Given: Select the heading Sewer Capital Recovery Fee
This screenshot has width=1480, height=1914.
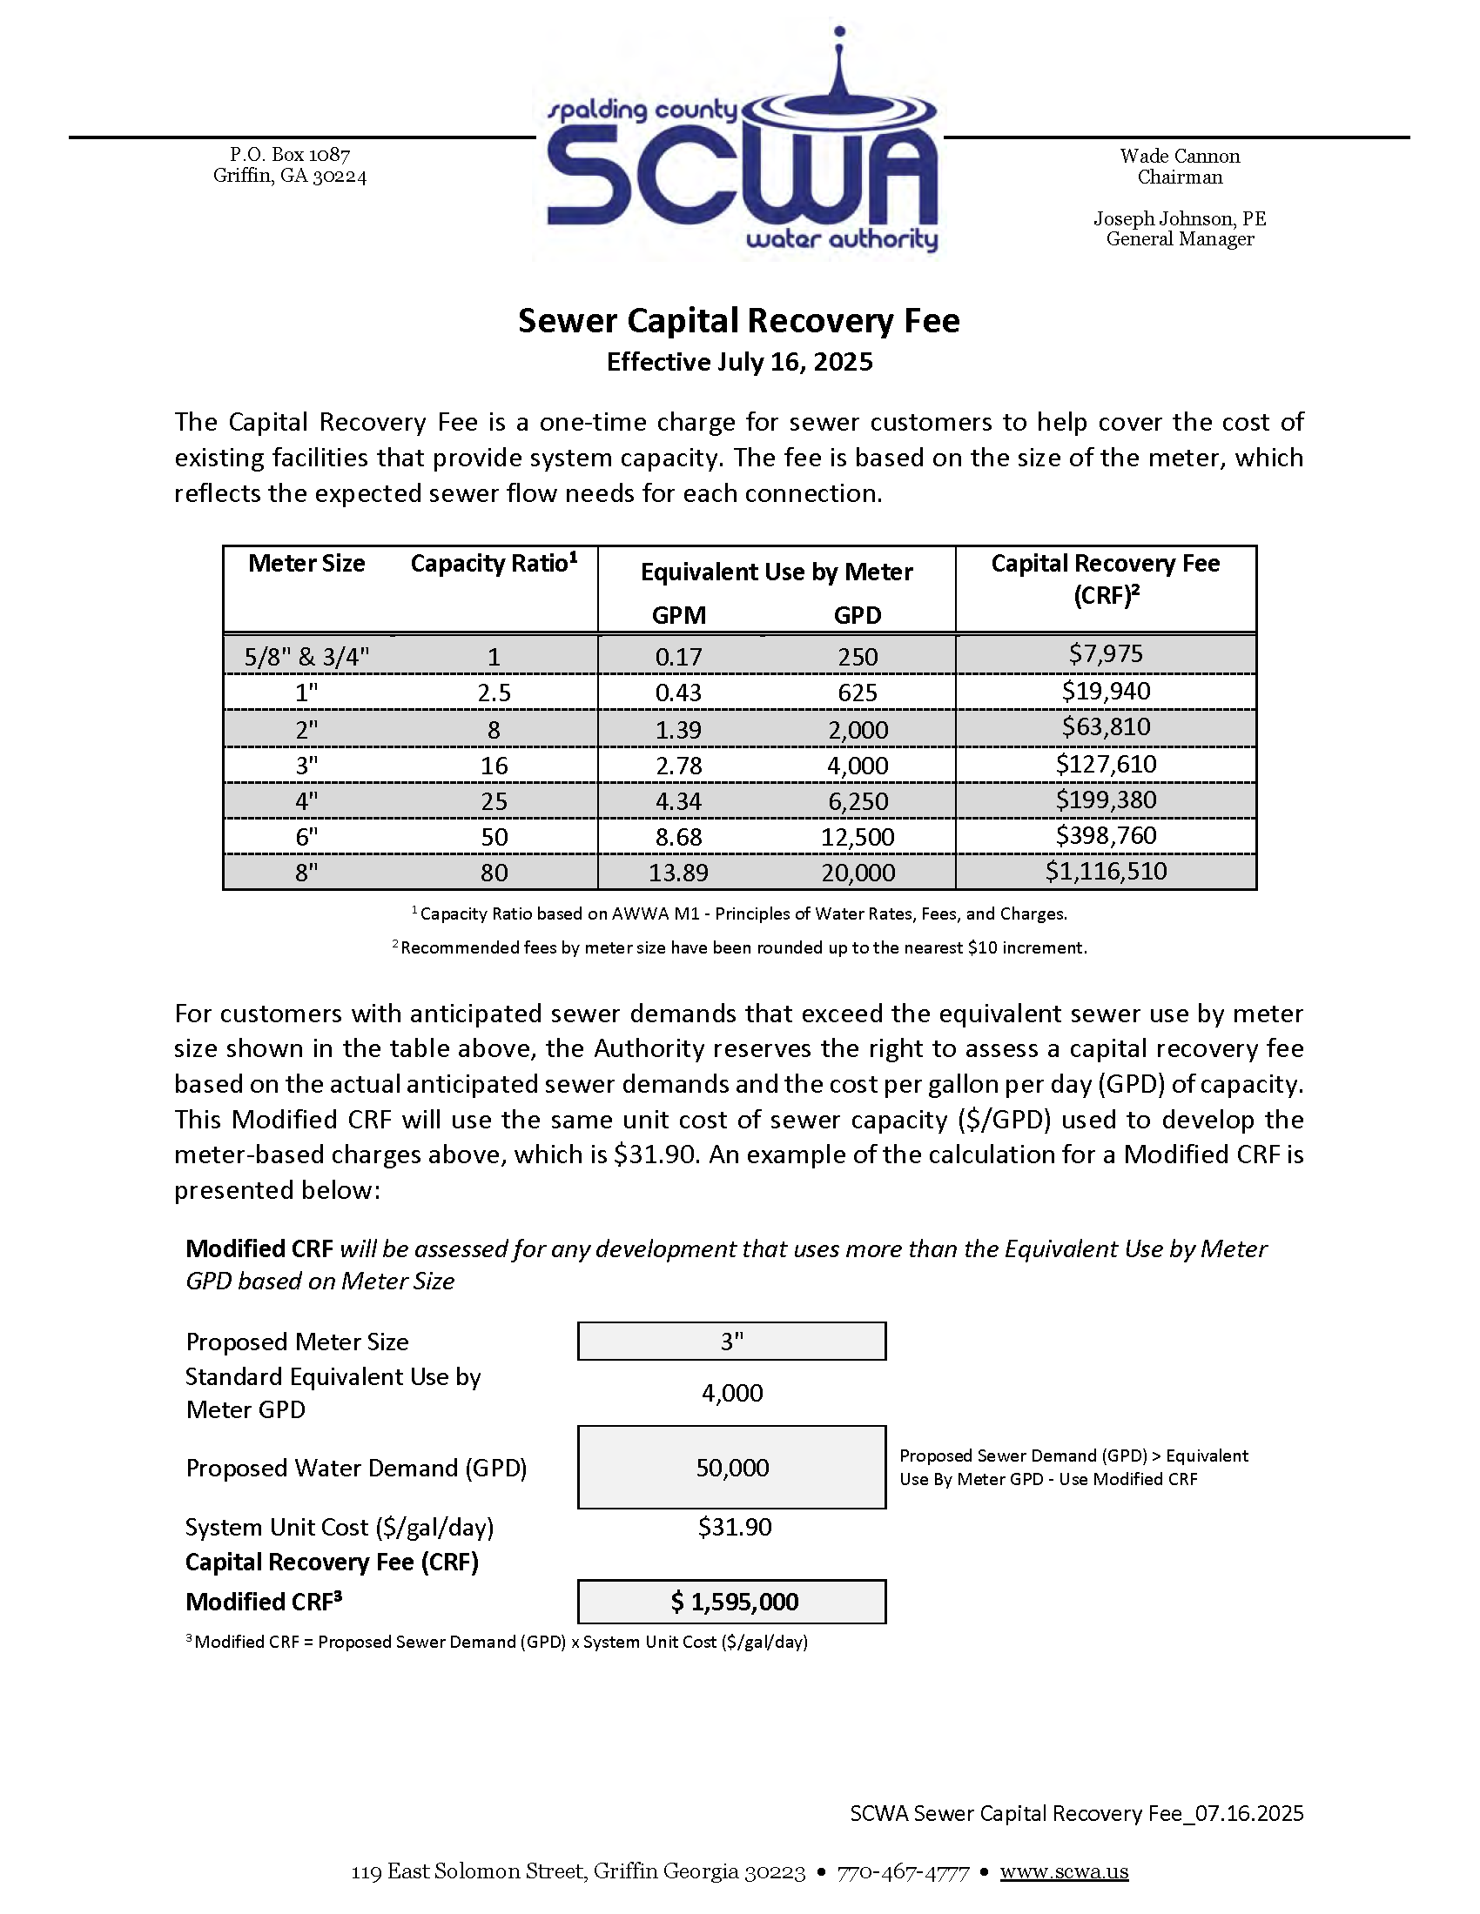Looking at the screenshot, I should (738, 321).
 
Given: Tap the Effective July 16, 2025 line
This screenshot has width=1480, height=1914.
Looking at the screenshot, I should (739, 362).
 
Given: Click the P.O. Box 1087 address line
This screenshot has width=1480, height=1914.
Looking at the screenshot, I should (289, 154).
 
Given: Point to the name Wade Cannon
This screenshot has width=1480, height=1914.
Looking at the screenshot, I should (1180, 156).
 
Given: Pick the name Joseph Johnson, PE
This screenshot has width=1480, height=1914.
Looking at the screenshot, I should (1180, 218).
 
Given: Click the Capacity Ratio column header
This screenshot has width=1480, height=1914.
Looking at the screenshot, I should (494, 564).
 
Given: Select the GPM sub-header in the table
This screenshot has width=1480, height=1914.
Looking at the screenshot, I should (679, 615).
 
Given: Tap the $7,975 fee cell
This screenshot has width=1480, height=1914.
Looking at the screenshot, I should (1106, 653).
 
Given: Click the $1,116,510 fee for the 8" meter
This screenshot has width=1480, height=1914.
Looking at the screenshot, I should (1106, 871).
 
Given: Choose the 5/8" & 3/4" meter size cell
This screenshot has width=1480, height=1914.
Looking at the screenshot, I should (306, 657).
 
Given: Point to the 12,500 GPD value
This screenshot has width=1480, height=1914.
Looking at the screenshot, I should (858, 837).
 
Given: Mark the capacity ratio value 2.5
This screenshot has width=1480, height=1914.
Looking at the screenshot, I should (494, 693).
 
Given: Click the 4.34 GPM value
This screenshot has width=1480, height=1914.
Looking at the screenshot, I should (679, 801).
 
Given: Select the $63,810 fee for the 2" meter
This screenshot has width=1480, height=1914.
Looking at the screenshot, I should (1106, 726).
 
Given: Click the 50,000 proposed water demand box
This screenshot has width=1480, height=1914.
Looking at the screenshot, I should (731, 1468).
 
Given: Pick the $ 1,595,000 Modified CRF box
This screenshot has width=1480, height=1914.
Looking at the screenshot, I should (731, 1602).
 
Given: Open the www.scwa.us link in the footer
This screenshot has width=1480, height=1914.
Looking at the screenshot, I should (1064, 1872).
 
